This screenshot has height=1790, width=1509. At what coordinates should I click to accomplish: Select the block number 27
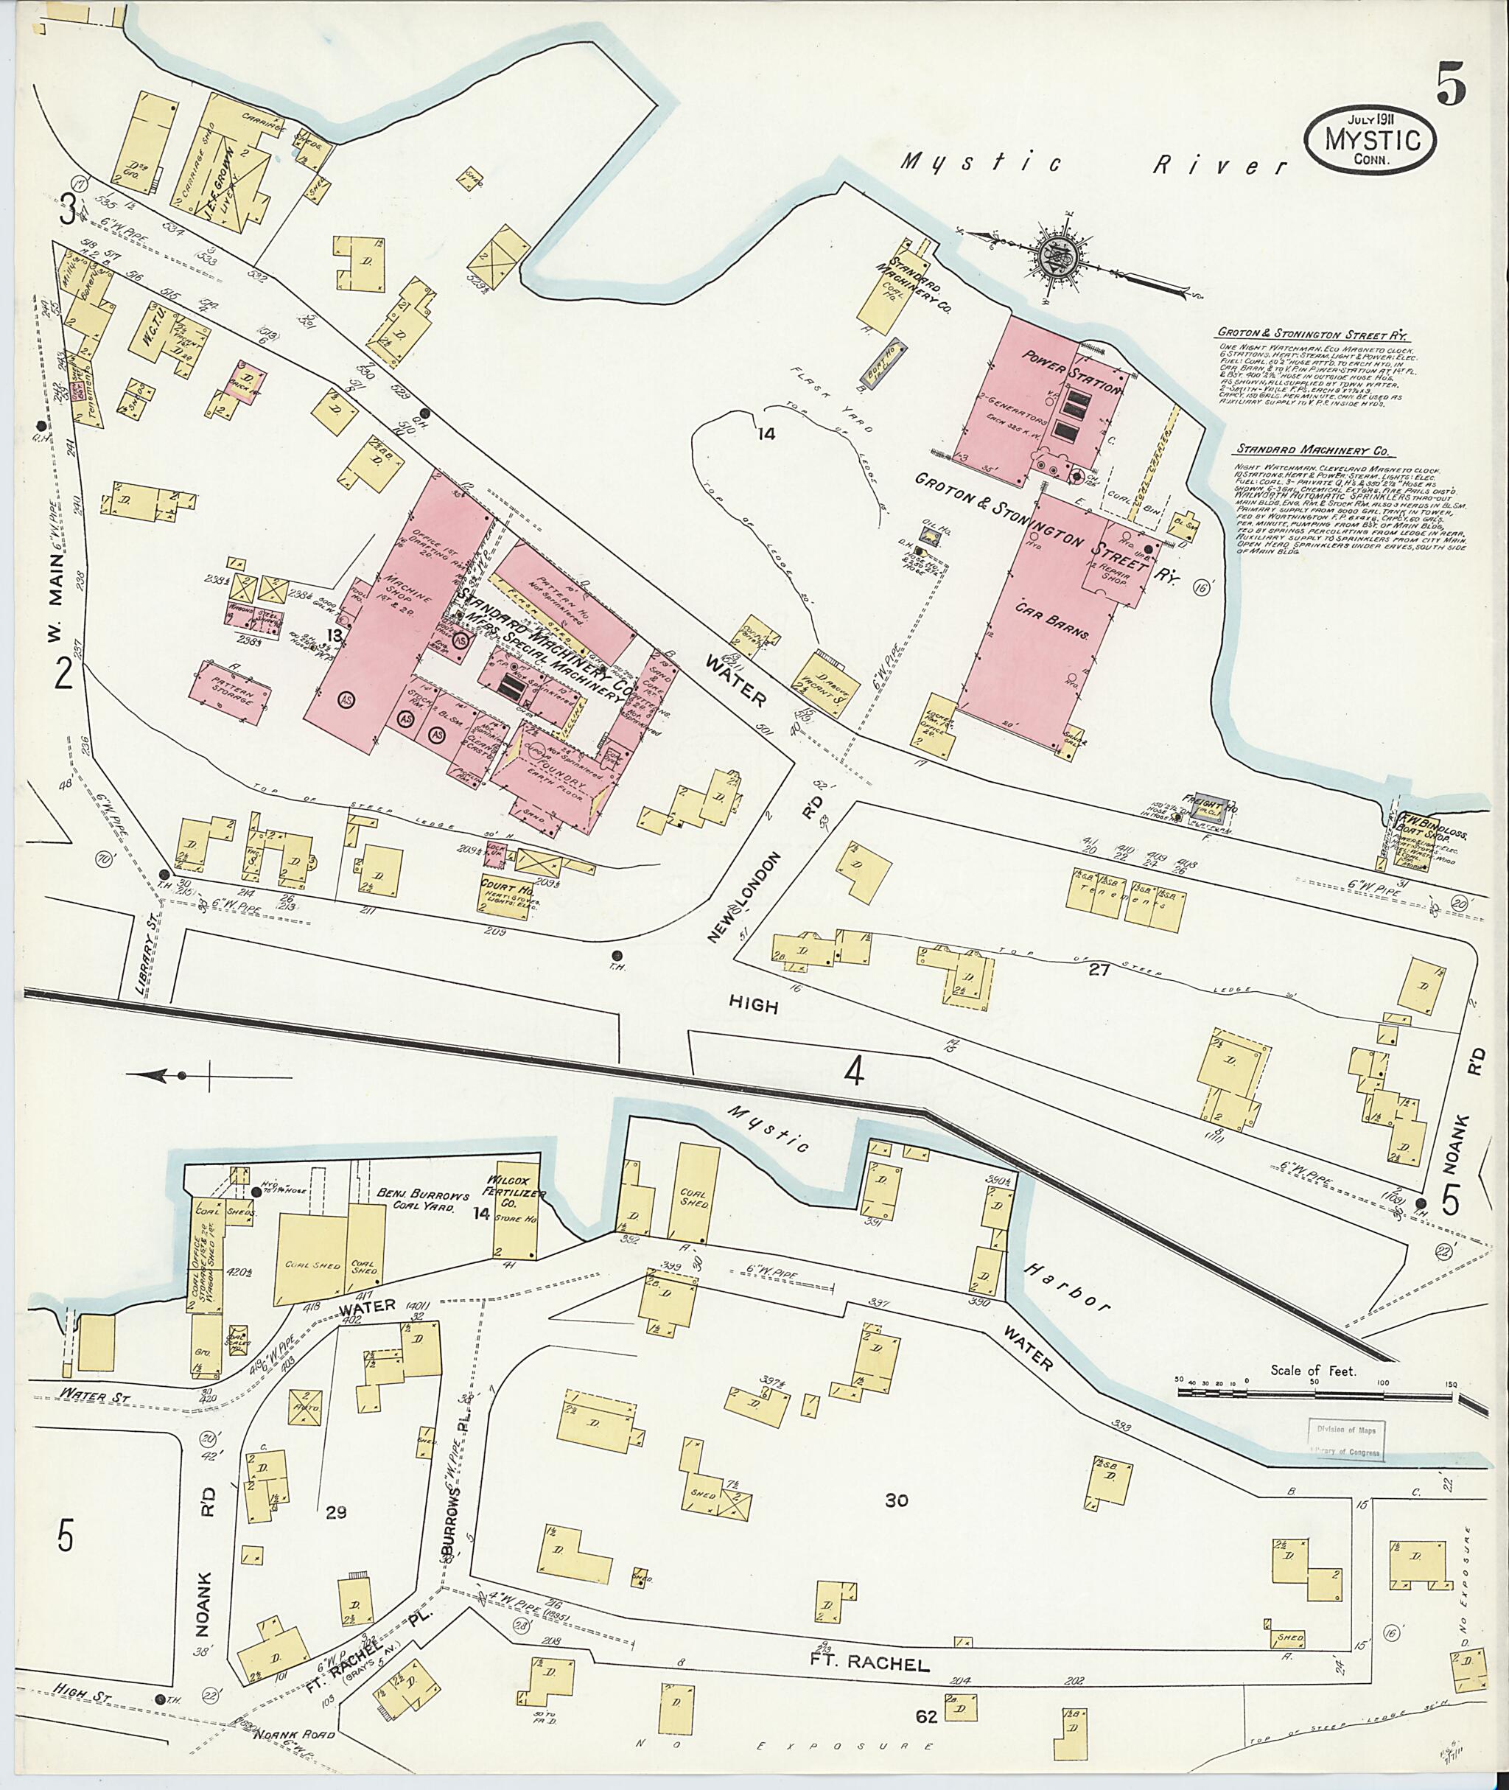pos(1099,971)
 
